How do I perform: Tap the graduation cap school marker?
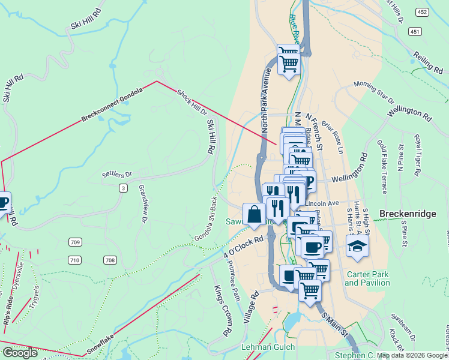(x=358, y=247)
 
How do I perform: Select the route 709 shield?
(x=75, y=242)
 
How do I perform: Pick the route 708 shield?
(x=109, y=260)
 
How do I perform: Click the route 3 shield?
(x=123, y=188)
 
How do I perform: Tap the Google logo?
(x=20, y=353)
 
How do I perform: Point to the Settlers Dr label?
(x=116, y=175)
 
